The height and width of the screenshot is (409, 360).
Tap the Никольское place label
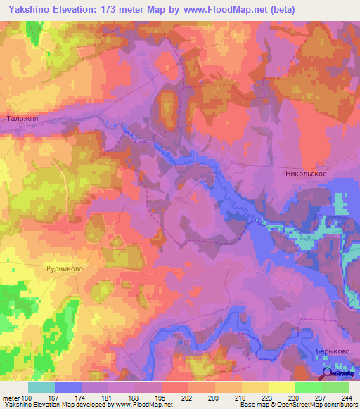307,173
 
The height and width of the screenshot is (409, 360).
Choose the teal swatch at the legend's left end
41,387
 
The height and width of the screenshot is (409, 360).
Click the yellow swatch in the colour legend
281,387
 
